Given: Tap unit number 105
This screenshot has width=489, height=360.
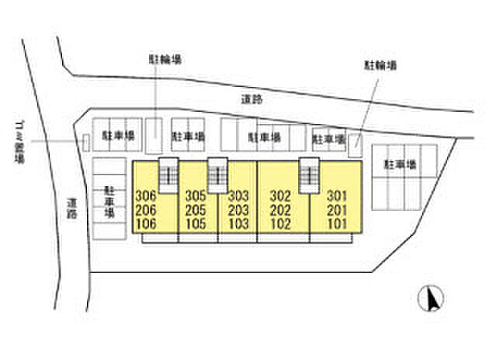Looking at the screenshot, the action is (196, 224).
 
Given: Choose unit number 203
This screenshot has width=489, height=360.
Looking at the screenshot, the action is (238, 210).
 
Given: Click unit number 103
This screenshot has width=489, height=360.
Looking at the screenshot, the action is (238, 224).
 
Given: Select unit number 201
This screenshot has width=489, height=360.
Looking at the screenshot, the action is (337, 210).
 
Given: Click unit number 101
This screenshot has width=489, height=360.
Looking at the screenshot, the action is (337, 224).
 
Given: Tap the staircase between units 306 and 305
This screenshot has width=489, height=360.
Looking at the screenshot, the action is (168, 172).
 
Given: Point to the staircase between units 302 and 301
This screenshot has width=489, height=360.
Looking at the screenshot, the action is (309, 172).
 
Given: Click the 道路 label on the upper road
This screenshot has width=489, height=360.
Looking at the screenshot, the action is (252, 99).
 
